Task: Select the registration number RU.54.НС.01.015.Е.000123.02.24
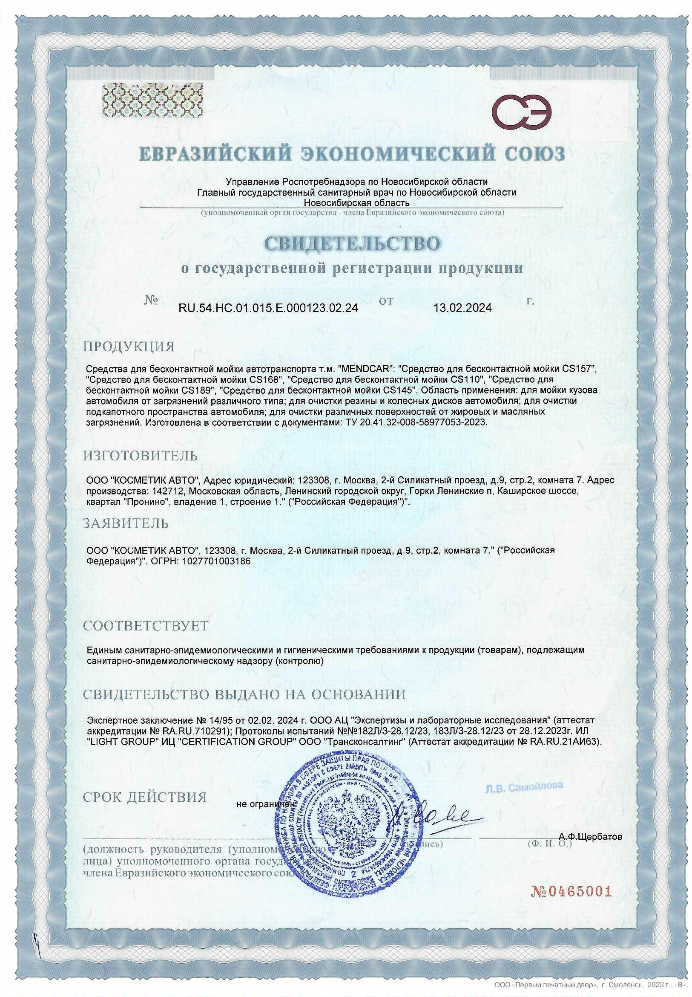(268, 308)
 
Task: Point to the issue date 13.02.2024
(462, 308)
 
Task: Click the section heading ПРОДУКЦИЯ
(129, 347)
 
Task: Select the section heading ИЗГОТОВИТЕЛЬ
(141, 456)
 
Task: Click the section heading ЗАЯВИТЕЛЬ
(126, 524)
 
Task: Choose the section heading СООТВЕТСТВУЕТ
(146, 626)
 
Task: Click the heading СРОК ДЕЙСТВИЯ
(145, 798)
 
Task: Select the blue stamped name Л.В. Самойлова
(524, 786)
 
